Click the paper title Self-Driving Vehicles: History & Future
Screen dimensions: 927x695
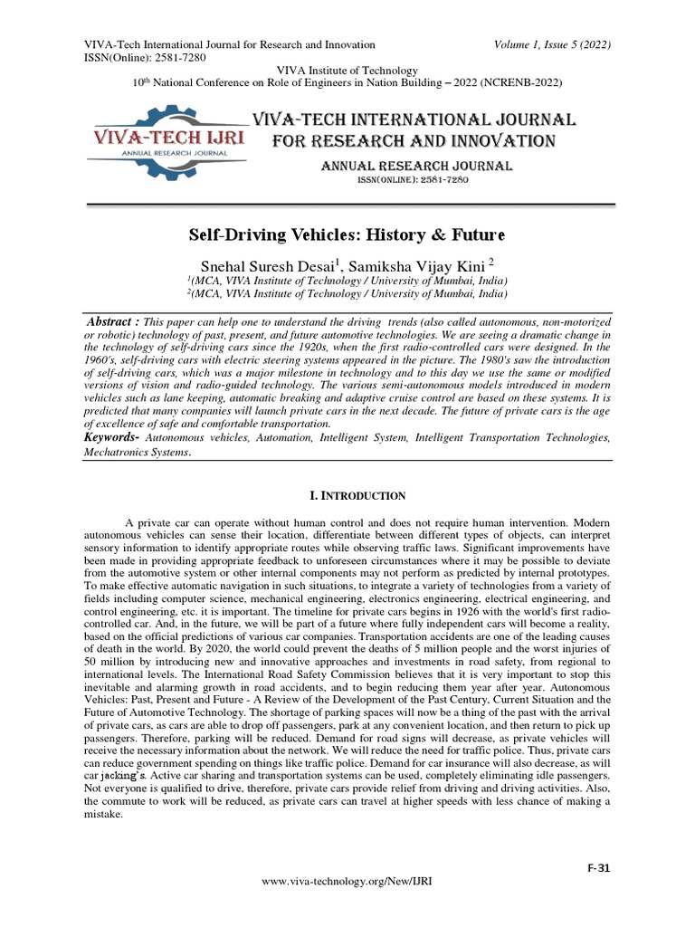pos(347,235)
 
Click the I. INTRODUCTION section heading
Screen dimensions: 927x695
pos(347,496)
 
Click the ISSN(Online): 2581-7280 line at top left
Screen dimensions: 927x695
pos(145,57)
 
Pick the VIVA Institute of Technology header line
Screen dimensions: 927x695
pos(347,70)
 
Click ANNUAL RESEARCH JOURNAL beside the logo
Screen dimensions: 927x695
pos(418,166)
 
